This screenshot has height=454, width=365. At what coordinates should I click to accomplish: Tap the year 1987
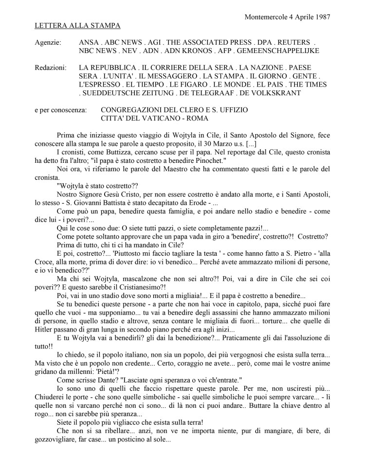coord(322,17)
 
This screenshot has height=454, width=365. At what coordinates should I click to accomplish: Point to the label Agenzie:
coord(48,43)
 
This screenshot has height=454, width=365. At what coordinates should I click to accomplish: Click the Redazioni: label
coord(51,68)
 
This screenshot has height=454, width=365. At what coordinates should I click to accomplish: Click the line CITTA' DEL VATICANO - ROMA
coord(154,118)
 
